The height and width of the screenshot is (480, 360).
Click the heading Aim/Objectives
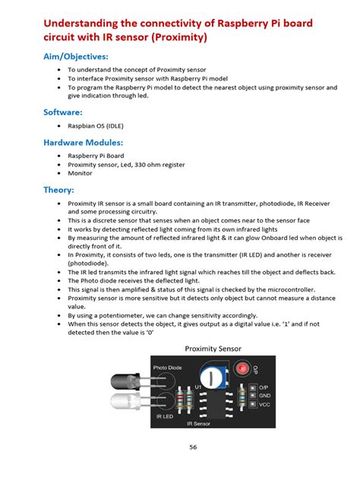click(75, 56)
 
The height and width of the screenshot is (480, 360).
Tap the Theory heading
click(59, 190)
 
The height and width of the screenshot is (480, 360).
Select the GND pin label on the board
click(264, 396)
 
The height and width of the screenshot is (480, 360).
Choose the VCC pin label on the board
click(264, 406)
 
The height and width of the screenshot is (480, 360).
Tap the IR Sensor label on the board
click(196, 424)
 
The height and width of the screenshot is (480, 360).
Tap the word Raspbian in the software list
click(82, 126)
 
